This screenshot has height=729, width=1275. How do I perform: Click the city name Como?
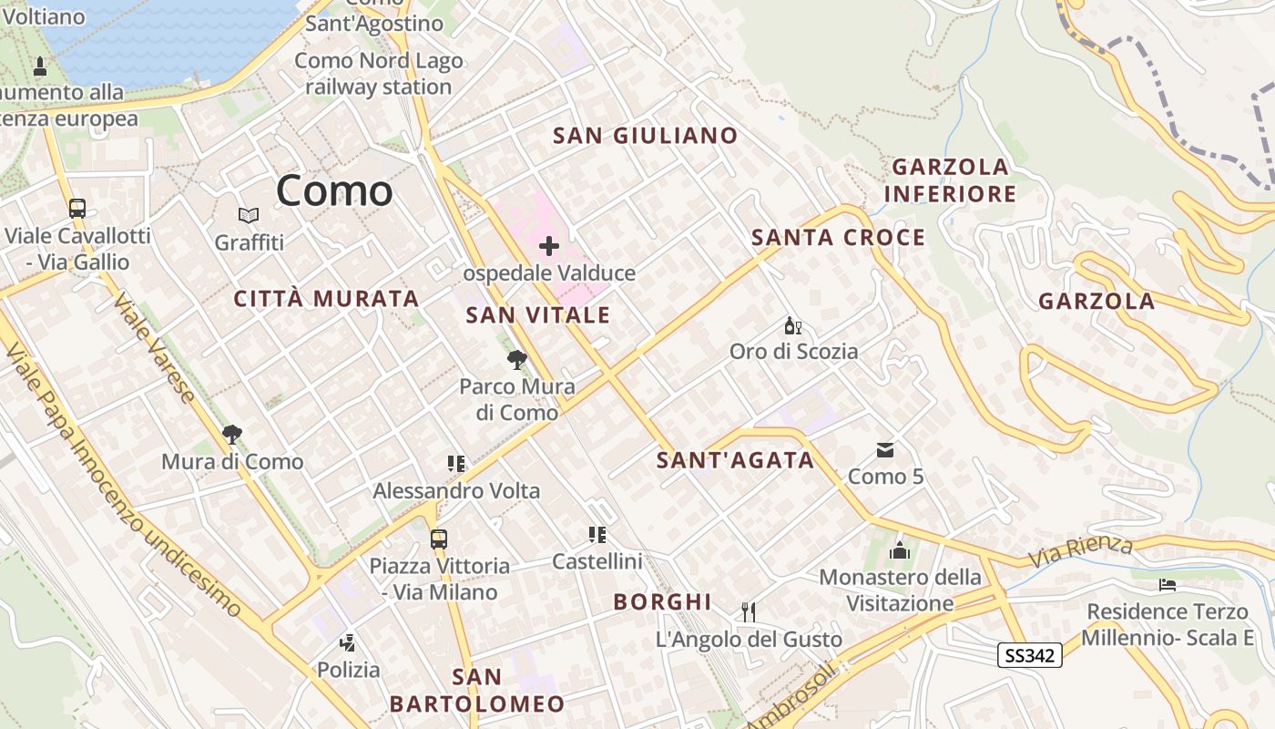[x=334, y=190]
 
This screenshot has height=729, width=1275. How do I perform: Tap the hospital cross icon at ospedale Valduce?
[x=549, y=246]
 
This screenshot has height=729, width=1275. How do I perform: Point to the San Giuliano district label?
[x=646, y=136]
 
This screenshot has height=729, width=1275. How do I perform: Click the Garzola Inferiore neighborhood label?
[x=950, y=180]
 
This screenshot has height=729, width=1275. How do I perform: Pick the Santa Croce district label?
[x=838, y=238]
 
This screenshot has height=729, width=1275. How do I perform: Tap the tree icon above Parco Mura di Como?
[x=517, y=360]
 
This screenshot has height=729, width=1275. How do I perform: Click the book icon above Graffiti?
[x=249, y=216]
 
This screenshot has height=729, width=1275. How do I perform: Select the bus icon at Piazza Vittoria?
[x=439, y=539]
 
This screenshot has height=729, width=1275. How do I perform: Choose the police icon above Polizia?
[x=347, y=643]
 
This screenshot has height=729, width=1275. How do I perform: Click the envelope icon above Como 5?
[x=885, y=450]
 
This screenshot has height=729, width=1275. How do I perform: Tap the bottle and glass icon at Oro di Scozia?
[x=793, y=325]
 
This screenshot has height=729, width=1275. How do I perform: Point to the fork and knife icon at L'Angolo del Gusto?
[x=749, y=612]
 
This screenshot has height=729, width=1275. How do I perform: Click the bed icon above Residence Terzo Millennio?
[x=1168, y=584]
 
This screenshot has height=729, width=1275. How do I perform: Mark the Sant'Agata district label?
[x=736, y=460]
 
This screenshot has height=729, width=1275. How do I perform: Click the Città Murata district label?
[x=326, y=298]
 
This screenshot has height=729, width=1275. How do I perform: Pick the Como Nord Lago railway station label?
[x=378, y=74]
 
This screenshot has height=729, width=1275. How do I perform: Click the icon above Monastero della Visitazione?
[x=900, y=550]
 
